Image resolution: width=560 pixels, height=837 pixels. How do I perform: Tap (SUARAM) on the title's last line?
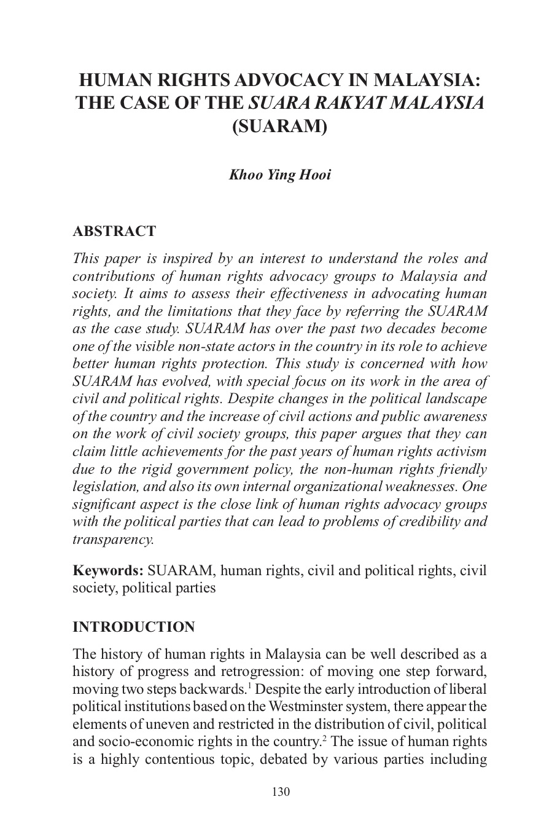(279, 126)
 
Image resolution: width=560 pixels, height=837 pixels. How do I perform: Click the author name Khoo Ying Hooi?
(279, 175)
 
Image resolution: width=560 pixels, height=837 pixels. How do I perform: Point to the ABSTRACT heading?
(114, 232)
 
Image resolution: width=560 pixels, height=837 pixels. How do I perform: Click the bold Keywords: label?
(108, 570)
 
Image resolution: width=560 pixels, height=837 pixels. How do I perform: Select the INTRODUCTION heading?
(134, 627)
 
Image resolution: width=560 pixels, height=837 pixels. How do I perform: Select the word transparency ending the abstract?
(113, 540)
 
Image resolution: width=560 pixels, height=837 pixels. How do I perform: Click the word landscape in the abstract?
(453, 398)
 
